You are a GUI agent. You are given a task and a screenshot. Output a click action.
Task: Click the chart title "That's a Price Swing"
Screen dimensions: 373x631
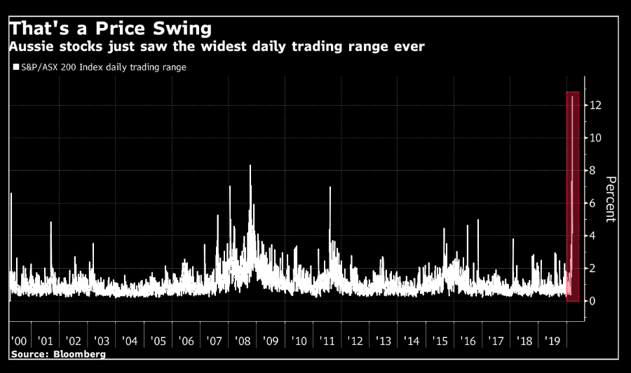pyautogui.click(x=110, y=29)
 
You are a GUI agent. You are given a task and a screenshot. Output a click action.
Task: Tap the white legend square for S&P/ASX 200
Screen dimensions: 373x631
pyautogui.click(x=15, y=67)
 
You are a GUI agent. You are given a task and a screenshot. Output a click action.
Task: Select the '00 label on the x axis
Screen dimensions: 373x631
pyautogui.click(x=18, y=341)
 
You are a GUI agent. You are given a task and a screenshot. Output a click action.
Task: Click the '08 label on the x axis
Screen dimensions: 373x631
pyautogui.click(x=243, y=341)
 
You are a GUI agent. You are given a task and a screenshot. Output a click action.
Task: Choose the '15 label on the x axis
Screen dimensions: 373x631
pyautogui.click(x=440, y=341)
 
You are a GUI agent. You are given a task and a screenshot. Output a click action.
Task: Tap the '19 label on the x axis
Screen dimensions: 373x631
pyautogui.click(x=552, y=341)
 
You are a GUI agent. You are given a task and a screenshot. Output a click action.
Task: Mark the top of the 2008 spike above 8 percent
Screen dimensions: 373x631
pyautogui.click(x=250, y=166)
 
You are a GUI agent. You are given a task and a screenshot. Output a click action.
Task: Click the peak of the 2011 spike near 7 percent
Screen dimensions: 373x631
pyautogui.click(x=330, y=188)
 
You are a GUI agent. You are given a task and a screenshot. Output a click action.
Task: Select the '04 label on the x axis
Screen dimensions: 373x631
pyautogui.click(x=130, y=341)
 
